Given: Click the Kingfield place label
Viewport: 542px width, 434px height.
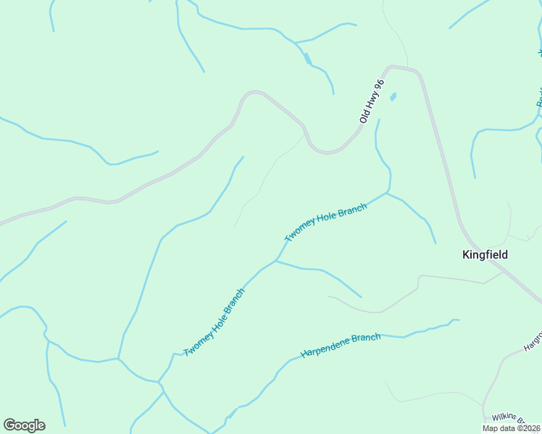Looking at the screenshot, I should click(x=485, y=255).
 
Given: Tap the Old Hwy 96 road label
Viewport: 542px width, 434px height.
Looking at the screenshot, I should click(x=370, y=101).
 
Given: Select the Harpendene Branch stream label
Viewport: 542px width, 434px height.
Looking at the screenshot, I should click(x=341, y=346).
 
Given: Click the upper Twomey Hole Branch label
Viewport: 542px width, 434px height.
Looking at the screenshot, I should click(x=325, y=222).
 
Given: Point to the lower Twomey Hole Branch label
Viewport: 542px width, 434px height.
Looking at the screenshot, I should click(x=214, y=323).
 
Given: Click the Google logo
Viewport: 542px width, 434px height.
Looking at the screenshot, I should click(x=24, y=425).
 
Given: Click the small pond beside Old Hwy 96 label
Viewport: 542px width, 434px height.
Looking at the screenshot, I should click(x=393, y=96).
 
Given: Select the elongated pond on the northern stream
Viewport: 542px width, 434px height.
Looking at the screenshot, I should click(x=307, y=59).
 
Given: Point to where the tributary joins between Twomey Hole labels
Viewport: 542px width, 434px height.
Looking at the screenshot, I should click(x=275, y=260).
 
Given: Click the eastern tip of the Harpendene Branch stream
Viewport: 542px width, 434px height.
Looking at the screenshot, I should click(x=458, y=320).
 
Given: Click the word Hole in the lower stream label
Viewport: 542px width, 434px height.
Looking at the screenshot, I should click(x=215, y=321).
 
